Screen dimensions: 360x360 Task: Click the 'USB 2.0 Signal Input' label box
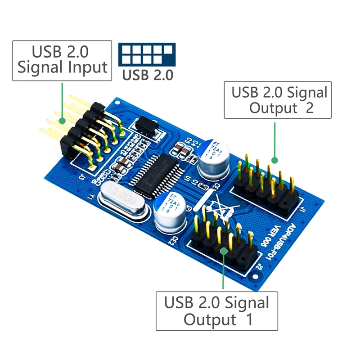pos(62,61)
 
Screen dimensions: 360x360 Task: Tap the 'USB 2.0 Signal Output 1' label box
pos(216,311)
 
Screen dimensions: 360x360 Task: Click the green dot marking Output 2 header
pos(274,160)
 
